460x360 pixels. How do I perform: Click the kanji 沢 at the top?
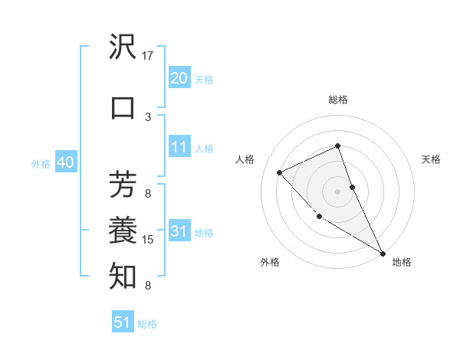(123, 47)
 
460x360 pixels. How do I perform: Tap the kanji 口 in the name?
(123, 108)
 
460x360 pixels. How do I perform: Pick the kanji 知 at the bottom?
(123, 274)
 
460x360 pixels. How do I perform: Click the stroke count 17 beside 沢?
(148, 56)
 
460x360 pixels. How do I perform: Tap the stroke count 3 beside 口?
(148, 116)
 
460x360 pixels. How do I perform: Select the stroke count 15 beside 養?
(148, 240)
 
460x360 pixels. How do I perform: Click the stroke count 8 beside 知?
(148, 286)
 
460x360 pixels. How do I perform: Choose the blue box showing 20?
(179, 77)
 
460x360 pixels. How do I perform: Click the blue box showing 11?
(179, 147)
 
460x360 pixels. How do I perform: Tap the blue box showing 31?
(179, 231)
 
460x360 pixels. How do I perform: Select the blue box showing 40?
(65, 162)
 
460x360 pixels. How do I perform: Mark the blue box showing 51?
(122, 322)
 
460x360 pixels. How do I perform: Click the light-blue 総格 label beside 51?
(147, 324)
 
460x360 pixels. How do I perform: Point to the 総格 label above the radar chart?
(337, 100)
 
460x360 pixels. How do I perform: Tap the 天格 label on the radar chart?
(431, 159)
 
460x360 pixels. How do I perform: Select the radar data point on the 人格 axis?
(280, 172)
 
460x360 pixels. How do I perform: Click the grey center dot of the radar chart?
(337, 191)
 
